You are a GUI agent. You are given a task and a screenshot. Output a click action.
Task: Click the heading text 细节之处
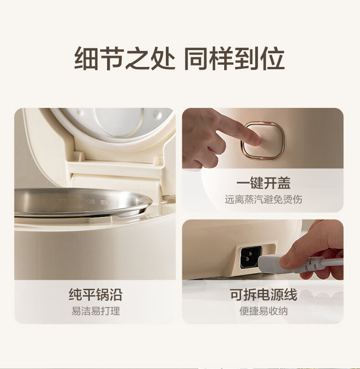click(124, 58)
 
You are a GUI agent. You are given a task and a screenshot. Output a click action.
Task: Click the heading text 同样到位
click(234, 58)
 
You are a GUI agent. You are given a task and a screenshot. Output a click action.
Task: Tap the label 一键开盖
click(263, 183)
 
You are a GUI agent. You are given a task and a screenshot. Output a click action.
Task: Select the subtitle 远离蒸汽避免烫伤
click(263, 200)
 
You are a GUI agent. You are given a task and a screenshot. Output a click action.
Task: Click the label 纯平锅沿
click(96, 294)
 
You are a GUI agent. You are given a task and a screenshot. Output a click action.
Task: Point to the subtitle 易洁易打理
click(96, 311)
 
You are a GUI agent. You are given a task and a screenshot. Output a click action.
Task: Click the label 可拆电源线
click(263, 294)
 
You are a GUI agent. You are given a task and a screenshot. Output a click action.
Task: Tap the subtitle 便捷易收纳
click(263, 311)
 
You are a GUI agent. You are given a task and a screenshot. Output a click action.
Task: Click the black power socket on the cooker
click(250, 257)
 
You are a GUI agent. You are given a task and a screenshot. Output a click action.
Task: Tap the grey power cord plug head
click(271, 264)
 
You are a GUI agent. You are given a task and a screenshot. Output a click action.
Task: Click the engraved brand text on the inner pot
click(78, 202)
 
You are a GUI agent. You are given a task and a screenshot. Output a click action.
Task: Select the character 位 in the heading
click(273, 58)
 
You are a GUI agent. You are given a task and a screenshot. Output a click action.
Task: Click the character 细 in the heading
click(86, 58)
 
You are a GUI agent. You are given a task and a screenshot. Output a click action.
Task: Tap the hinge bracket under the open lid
click(115, 168)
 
